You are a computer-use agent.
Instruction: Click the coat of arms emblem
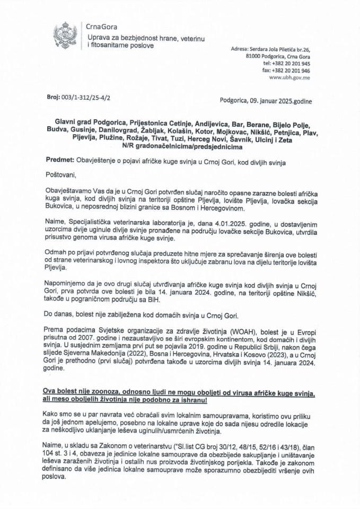point(65,34)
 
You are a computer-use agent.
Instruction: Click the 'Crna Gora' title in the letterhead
point(102,27)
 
